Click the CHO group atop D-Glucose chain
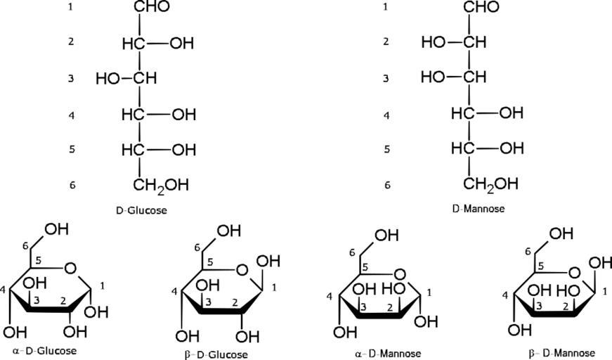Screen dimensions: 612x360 click(x=152, y=6)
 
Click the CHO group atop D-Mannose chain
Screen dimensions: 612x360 click(x=481, y=6)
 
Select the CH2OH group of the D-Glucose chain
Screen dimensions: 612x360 click(x=161, y=186)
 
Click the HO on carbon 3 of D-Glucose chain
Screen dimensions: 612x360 click(x=108, y=79)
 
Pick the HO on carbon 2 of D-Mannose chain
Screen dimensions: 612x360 click(x=434, y=41)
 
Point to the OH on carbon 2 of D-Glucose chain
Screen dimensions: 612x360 click(x=182, y=44)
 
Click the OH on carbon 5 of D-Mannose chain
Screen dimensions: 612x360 click(x=512, y=148)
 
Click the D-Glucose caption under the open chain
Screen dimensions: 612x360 click(x=141, y=210)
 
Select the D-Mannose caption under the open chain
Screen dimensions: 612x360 click(x=478, y=209)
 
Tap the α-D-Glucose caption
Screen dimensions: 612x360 click(x=44, y=350)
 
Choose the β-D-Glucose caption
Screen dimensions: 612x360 click(x=216, y=354)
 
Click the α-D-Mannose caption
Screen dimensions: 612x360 click(x=388, y=354)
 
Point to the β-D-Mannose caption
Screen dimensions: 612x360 click(x=561, y=354)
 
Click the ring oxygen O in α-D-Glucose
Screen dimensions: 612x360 click(x=70, y=269)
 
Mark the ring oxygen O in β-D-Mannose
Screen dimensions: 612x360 click(x=574, y=273)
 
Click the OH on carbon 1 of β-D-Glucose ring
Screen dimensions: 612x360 click(x=268, y=262)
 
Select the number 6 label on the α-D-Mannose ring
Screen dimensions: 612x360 click(x=352, y=253)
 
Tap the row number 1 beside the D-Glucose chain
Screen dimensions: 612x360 click(x=70, y=7)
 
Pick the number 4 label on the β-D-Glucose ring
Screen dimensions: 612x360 click(x=174, y=291)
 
